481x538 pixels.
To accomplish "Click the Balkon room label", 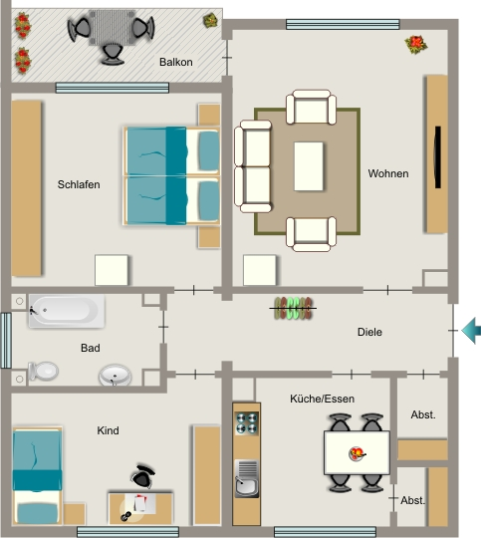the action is (x=176, y=62).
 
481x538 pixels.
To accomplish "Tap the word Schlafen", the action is (x=79, y=184).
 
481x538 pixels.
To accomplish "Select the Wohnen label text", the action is (x=388, y=173).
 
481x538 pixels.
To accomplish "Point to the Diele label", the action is (x=369, y=332).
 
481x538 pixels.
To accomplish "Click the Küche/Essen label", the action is (x=322, y=399).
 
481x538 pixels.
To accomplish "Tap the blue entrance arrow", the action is (x=471, y=331).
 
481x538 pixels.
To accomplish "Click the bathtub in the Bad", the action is (x=67, y=311).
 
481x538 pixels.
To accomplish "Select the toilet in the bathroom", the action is (x=44, y=371).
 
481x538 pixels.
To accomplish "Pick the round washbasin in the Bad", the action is (x=115, y=375).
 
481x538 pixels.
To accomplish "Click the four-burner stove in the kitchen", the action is (x=247, y=423).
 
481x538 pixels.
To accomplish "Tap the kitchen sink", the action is (x=247, y=479).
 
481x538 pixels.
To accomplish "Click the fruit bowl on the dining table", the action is (x=357, y=453).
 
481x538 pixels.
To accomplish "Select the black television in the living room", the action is (x=438, y=157).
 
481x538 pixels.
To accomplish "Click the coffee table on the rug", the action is (x=309, y=166).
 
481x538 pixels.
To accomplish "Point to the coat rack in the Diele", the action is (x=293, y=308).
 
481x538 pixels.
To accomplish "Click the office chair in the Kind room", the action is (x=142, y=476).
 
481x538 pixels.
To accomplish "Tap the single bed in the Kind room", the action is (x=38, y=476).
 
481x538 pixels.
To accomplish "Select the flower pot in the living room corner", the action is (x=416, y=45).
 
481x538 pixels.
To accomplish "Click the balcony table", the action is (x=112, y=28).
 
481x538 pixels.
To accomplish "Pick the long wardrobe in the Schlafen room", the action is (x=27, y=188).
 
